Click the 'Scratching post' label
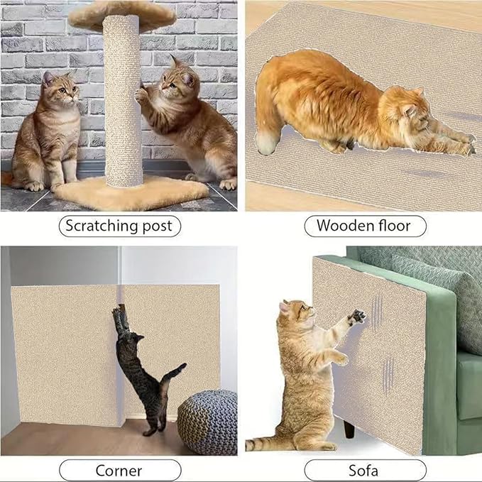(x=119, y=226)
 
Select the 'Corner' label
(x=119, y=470)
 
